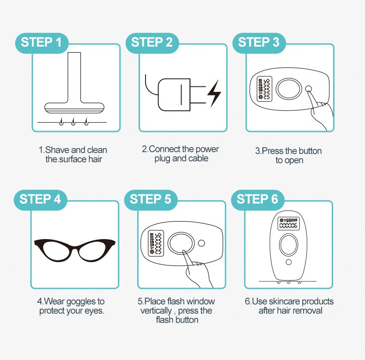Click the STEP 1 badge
(x=42, y=43)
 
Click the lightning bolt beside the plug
(x=214, y=94)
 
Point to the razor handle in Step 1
(x=74, y=77)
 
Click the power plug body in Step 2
(x=174, y=95)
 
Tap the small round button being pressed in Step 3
(x=308, y=89)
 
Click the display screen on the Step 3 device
(x=264, y=89)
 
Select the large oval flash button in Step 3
(x=289, y=89)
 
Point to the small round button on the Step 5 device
(x=201, y=243)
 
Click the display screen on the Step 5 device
(x=156, y=243)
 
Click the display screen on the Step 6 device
(x=288, y=223)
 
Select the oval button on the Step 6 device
(x=289, y=245)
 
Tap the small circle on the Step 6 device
(x=289, y=262)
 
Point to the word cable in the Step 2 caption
(x=198, y=158)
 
